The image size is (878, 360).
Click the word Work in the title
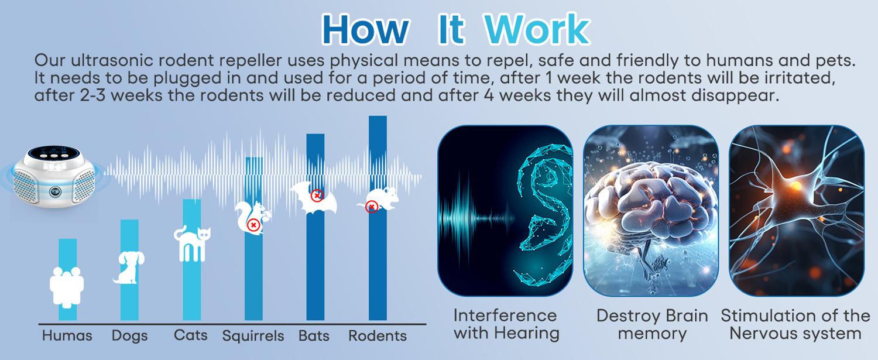pos(537,29)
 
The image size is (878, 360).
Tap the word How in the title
pos(365,29)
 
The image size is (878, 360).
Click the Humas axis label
pos(67,335)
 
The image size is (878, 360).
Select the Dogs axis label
pos(130,335)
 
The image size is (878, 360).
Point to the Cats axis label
pos(190,335)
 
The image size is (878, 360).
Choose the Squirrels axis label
pos(253,336)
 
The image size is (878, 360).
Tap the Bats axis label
pos(314,335)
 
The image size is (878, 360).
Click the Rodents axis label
pos(378,335)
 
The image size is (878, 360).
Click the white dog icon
pos(129,268)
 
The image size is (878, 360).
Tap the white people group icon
pos(67,286)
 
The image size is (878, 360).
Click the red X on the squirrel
pos(253,225)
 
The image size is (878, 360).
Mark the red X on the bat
pos(317,195)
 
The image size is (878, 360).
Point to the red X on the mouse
pos(371,207)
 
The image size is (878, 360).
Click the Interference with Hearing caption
pos(506,324)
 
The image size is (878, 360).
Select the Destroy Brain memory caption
pos(652,325)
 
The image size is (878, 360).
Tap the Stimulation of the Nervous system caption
pos(795,325)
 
